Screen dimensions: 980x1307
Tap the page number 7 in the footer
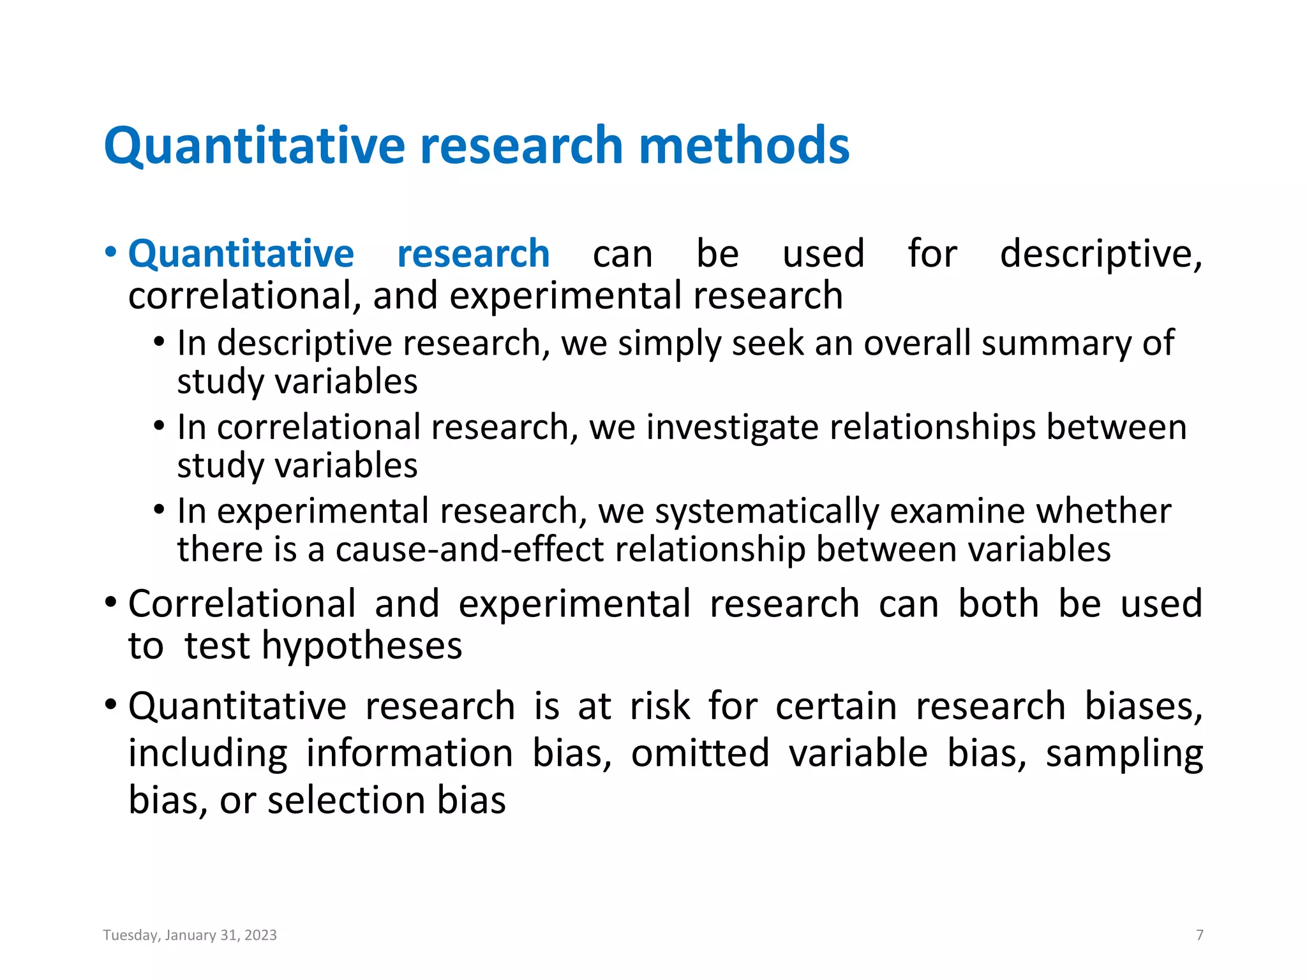[x=1200, y=935]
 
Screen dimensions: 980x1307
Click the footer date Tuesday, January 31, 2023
[x=190, y=935]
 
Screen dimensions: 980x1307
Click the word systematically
[x=767, y=511]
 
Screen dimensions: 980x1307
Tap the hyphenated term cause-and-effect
[x=470, y=549]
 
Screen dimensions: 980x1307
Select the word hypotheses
[x=362, y=646]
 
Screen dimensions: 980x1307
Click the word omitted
[x=700, y=754]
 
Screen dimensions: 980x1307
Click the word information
[x=410, y=754]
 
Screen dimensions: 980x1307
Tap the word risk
[x=660, y=707]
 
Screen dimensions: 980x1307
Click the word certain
[x=836, y=707]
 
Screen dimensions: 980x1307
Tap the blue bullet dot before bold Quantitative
[x=111, y=253]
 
